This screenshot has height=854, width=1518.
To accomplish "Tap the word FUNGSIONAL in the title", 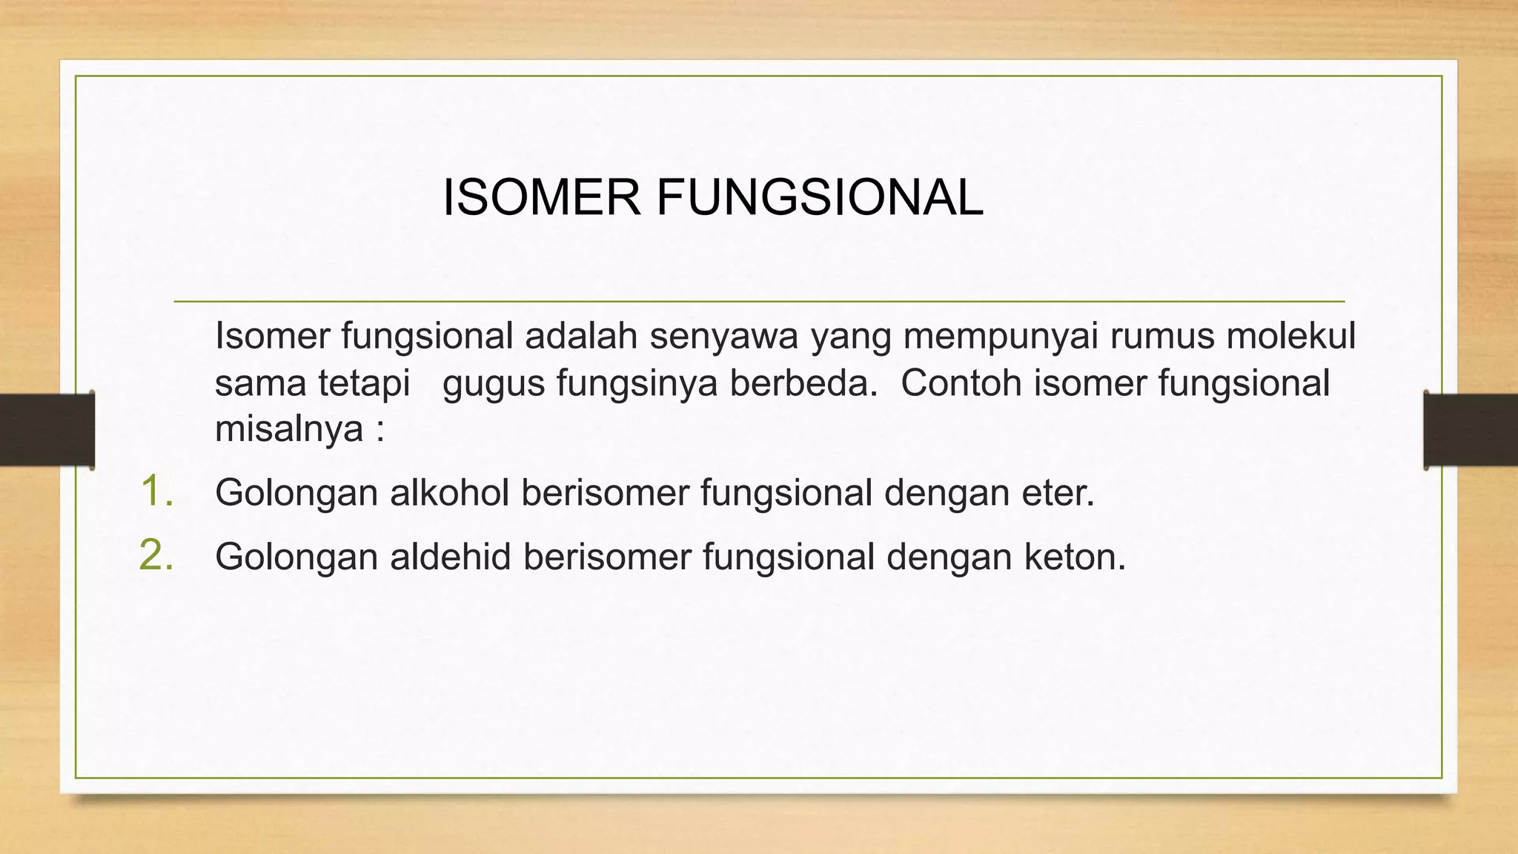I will tap(819, 198).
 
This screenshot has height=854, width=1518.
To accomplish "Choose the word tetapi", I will tap(364, 384).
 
